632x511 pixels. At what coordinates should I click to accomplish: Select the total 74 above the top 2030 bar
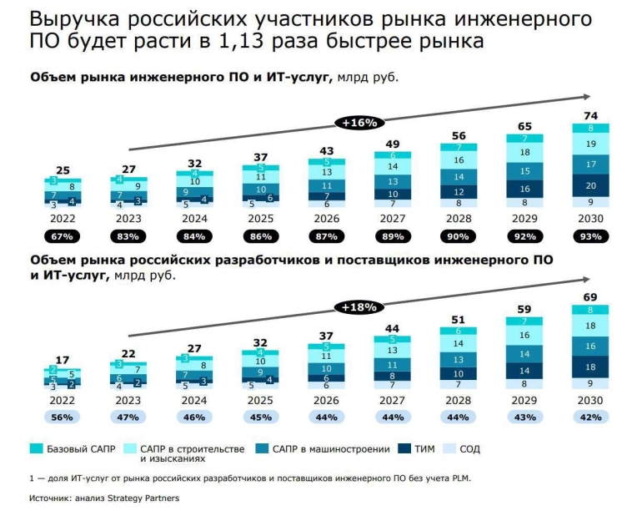pos(589,115)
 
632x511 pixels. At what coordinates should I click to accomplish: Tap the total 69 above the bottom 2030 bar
pos(589,297)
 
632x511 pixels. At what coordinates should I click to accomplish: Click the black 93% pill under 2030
pos(589,235)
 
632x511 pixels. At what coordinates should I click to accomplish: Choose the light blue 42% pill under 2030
pos(589,417)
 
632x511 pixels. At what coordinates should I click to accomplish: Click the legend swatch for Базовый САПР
pos(36,449)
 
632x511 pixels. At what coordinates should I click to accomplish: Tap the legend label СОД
pos(469,449)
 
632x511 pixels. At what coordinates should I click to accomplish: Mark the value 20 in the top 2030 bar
pos(589,185)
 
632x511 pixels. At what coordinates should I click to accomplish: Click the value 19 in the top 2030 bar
pos(589,144)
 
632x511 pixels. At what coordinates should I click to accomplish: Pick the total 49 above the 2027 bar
pos(391,144)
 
